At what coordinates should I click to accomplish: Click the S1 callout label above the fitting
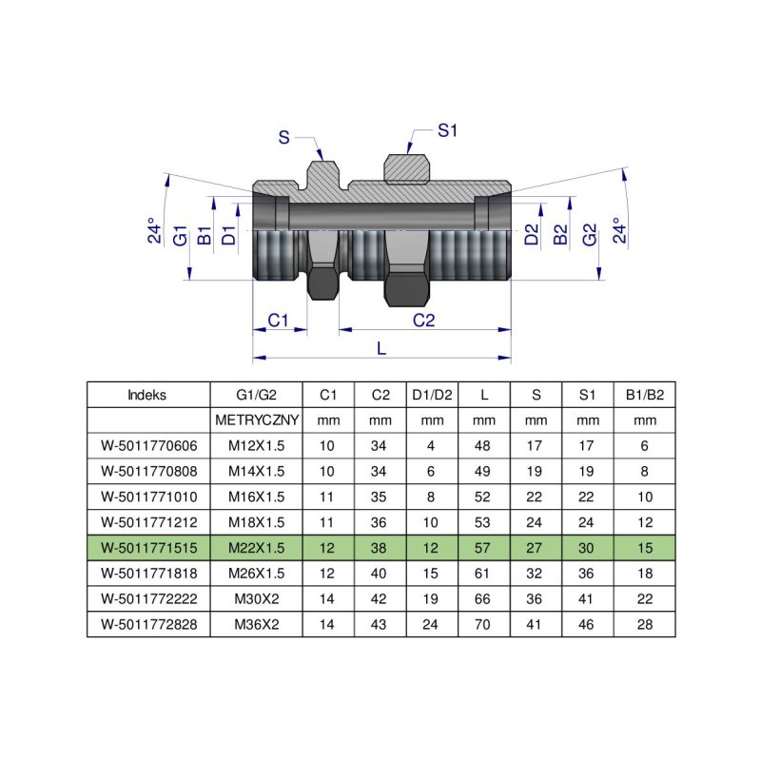(x=448, y=131)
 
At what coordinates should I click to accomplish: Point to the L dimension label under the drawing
(x=381, y=348)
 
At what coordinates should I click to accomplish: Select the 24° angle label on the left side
(x=152, y=233)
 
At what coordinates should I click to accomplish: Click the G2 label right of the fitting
(x=590, y=235)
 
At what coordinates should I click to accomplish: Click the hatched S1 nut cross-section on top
(x=406, y=168)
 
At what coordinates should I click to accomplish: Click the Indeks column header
(x=147, y=395)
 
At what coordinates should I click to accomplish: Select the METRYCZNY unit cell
(x=256, y=420)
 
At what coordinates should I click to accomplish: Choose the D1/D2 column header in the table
(x=432, y=395)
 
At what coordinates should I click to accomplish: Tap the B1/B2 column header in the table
(x=644, y=395)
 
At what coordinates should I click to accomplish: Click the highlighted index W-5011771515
(x=147, y=548)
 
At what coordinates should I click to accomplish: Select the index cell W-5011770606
(x=147, y=445)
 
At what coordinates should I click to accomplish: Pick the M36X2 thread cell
(x=256, y=624)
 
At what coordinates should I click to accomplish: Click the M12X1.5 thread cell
(x=256, y=445)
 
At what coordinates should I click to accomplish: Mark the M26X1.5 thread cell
(x=256, y=574)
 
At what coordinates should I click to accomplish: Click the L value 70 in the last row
(x=483, y=624)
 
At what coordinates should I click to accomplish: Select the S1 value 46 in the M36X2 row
(x=588, y=624)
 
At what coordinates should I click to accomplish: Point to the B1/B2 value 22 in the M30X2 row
(x=644, y=599)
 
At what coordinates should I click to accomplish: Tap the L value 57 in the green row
(x=483, y=548)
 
